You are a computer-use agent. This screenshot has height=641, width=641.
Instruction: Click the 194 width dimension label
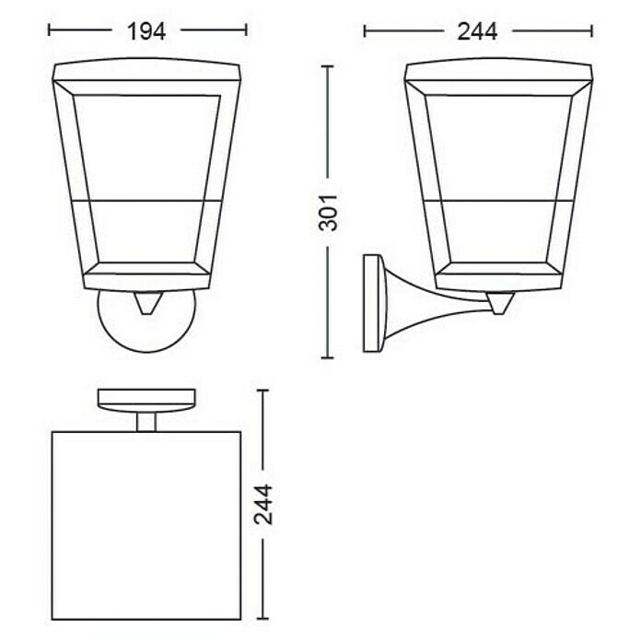tap(146, 31)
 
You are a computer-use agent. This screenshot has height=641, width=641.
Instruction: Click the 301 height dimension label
tap(328, 213)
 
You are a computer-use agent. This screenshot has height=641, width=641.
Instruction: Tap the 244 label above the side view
tap(477, 31)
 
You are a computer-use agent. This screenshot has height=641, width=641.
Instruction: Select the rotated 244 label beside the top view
tap(262, 505)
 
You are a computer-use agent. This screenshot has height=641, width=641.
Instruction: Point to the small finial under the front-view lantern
tap(146, 303)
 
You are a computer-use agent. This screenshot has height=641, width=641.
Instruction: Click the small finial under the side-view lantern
tap(498, 303)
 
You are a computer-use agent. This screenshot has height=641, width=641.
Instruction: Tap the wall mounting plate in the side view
tap(372, 303)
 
